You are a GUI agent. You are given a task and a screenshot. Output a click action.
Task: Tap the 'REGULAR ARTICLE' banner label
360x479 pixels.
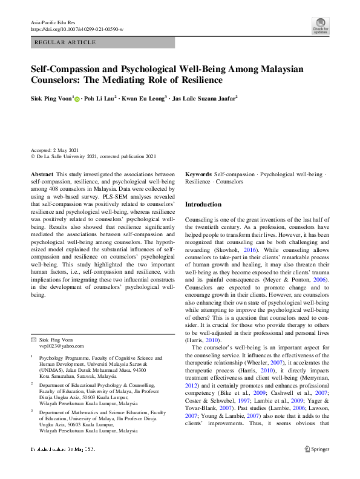tap(66, 42)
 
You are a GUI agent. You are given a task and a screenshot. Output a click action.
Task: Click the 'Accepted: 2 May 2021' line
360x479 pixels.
tap(54, 149)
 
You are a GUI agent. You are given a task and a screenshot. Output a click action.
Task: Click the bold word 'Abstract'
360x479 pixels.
tap(42, 174)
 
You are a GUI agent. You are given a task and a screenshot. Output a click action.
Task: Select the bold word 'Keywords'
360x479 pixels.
tap(198, 174)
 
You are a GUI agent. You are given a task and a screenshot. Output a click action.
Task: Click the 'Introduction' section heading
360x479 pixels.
tap(203, 205)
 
